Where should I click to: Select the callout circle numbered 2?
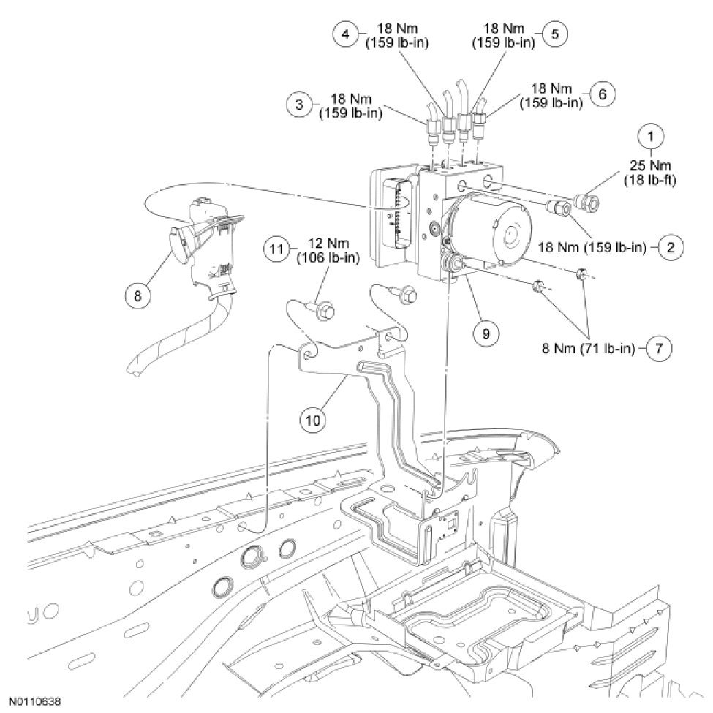click(671, 246)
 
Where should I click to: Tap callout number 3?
click(299, 105)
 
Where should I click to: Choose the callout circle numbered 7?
click(658, 347)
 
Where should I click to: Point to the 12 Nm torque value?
click(327, 243)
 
